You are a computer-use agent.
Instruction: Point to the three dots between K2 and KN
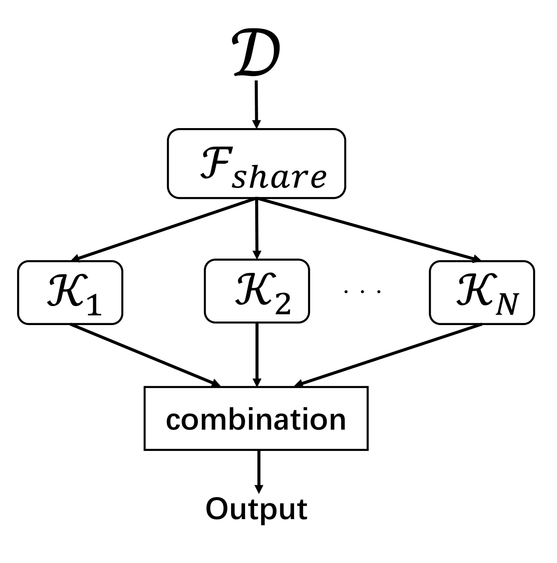coord(363,291)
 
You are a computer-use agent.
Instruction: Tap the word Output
coord(256,509)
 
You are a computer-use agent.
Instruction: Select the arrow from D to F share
coord(256,104)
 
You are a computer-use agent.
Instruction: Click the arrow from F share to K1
coord(164,229)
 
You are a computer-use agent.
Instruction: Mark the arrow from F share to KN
coord(367,229)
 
